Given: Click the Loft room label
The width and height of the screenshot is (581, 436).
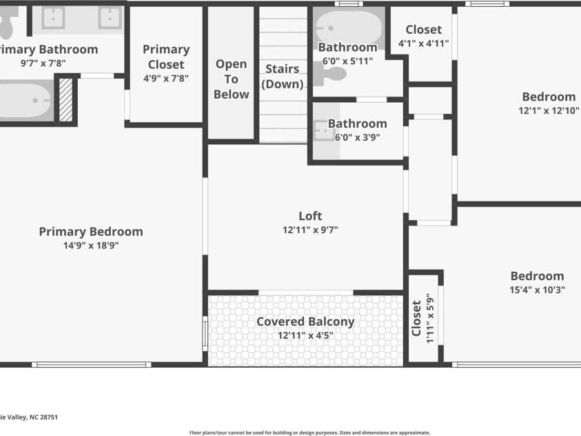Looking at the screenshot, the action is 310,216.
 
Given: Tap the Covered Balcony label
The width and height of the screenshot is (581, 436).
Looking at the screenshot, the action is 305,321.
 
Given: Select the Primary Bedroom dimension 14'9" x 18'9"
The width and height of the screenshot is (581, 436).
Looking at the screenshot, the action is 91,246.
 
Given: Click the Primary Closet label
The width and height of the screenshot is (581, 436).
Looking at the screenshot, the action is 166,57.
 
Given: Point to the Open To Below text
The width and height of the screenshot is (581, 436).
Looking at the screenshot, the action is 231,79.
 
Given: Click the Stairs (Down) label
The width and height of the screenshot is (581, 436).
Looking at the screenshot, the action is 283,77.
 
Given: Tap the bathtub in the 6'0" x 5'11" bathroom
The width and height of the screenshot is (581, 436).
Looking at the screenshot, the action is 349,27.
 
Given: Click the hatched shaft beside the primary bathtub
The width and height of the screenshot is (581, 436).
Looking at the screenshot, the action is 66,100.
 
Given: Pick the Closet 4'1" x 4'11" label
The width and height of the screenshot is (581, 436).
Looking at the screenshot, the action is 424,36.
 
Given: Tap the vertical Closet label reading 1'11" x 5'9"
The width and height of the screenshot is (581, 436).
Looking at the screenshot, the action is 422,318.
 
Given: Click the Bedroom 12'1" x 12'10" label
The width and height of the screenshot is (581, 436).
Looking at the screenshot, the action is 549,103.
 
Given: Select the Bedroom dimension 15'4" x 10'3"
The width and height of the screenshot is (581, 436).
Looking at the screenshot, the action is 537,290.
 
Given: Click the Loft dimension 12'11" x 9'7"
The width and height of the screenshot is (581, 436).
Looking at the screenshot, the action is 310,230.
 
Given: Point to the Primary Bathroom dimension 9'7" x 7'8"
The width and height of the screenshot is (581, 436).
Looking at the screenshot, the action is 43,63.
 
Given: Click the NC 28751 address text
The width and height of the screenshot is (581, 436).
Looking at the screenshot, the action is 43,417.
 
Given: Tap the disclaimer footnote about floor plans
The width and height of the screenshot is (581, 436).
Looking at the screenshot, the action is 309,433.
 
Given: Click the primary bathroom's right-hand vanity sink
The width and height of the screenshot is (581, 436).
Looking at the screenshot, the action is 110,18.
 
